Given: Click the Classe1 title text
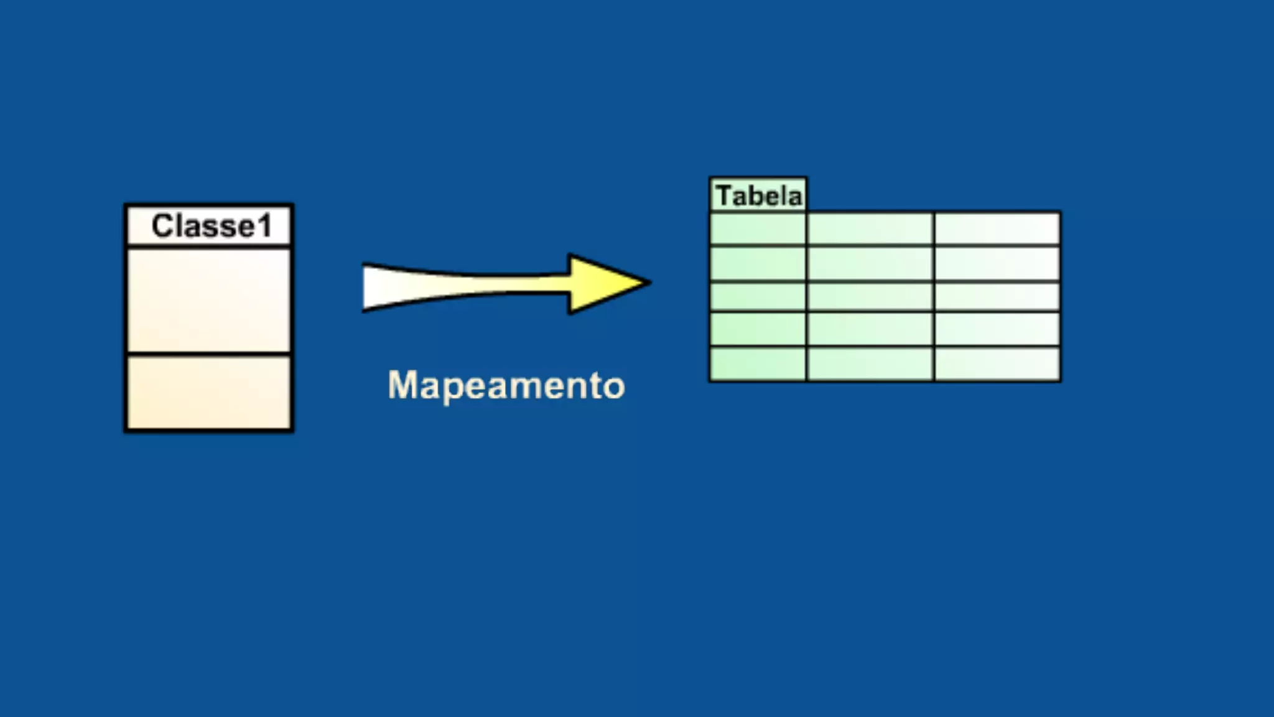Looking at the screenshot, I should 212,226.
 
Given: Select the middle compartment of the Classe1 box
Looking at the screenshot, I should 209,301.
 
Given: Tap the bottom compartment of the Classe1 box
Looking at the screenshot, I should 209,392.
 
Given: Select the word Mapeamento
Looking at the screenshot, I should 506,385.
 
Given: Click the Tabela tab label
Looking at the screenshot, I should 758,196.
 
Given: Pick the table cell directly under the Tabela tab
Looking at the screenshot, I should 758,228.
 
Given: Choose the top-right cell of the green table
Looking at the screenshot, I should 997,228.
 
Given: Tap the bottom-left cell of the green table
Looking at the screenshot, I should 758,363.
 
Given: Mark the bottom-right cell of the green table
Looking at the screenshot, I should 997,363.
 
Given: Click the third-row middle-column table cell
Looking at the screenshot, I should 870,296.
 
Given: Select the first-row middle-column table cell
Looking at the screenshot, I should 870,228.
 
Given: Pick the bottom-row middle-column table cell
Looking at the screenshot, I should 870,363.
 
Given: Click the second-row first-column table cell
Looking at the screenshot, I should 758,263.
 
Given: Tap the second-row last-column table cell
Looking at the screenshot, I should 997,263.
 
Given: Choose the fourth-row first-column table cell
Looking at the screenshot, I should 758,329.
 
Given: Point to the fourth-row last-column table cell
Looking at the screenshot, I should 997,329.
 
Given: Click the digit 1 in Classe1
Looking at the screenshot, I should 264,226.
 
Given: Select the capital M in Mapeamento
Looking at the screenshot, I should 402,385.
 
